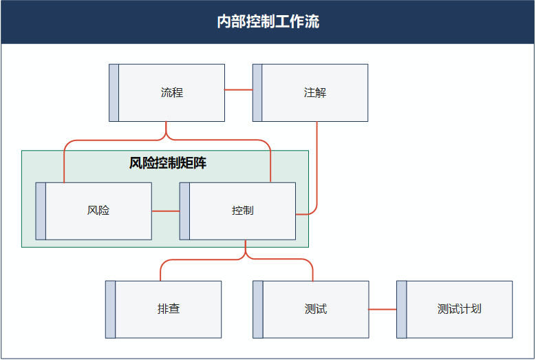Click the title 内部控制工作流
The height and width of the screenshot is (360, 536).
268,22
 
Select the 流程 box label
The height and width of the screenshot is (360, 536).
172,93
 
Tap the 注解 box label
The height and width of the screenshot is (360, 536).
315,93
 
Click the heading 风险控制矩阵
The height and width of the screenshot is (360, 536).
168,164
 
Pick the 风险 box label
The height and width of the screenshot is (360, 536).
98,211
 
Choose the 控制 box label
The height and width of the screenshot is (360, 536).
242,211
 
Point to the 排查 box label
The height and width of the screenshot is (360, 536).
169,309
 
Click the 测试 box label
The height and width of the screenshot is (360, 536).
315,309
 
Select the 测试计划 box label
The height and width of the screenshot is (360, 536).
459,309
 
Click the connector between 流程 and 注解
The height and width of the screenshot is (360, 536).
238,90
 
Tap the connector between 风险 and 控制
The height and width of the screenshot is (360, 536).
165,211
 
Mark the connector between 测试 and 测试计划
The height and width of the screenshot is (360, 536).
383,309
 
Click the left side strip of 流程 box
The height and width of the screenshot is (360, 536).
114,93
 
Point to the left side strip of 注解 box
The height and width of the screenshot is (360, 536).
257,93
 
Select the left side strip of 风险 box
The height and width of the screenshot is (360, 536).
41,211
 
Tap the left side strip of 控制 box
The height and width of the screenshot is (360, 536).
184,211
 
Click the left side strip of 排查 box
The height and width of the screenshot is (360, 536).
110,309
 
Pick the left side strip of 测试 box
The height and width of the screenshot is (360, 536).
258,309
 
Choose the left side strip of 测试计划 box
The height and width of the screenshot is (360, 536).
401,309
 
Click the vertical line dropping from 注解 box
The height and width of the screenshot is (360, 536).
317,165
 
